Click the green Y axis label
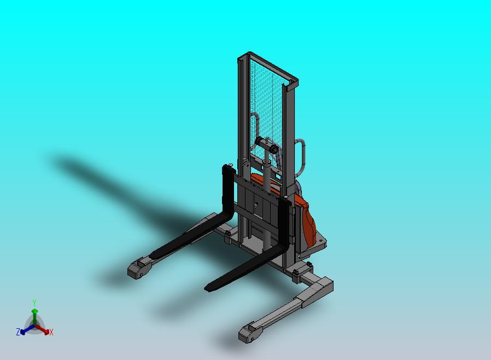[x=34, y=303]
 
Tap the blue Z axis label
[x=18, y=332]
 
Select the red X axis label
[x=51, y=332]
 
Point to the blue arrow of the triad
[x=25, y=329]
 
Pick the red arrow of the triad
[x=44, y=329]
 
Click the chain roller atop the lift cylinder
[x=268, y=148]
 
